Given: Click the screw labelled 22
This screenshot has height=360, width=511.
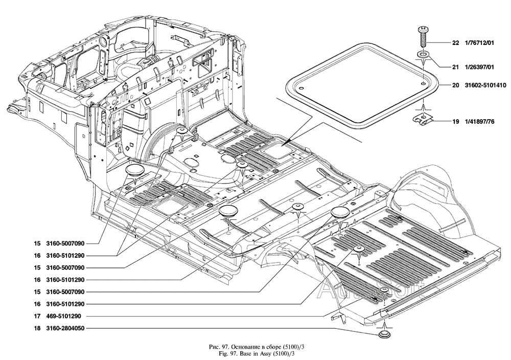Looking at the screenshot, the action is (x=423, y=37).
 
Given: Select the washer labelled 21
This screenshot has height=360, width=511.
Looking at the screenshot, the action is (x=423, y=54).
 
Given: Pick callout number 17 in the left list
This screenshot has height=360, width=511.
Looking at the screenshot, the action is (x=37, y=316).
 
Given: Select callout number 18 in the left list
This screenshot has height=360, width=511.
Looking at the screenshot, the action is (x=37, y=328).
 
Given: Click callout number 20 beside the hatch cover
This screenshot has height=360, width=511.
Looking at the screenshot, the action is (x=456, y=85).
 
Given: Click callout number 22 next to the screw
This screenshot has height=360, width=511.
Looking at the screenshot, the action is (x=456, y=43).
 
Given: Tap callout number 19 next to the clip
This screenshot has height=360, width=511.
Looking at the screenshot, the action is (x=456, y=122).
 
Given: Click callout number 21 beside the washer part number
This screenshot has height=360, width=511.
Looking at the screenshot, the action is (x=456, y=67).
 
